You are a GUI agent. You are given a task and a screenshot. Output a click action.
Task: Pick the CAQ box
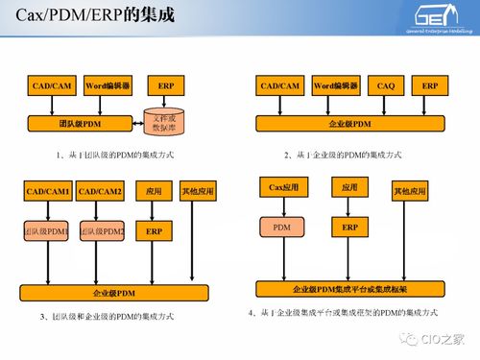[386, 86]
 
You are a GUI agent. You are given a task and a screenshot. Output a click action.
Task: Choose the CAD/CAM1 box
[47, 192]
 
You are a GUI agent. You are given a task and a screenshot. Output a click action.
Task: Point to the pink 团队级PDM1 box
[47, 231]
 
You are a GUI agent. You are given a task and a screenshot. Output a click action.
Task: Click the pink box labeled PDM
[283, 228]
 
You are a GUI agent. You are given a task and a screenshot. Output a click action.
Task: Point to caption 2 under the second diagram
[343, 155]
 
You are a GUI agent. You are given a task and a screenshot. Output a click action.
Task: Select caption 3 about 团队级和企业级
[108, 316]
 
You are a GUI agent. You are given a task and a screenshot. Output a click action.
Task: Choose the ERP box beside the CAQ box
[430, 86]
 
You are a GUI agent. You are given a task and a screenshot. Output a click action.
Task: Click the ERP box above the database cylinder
[165, 86]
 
